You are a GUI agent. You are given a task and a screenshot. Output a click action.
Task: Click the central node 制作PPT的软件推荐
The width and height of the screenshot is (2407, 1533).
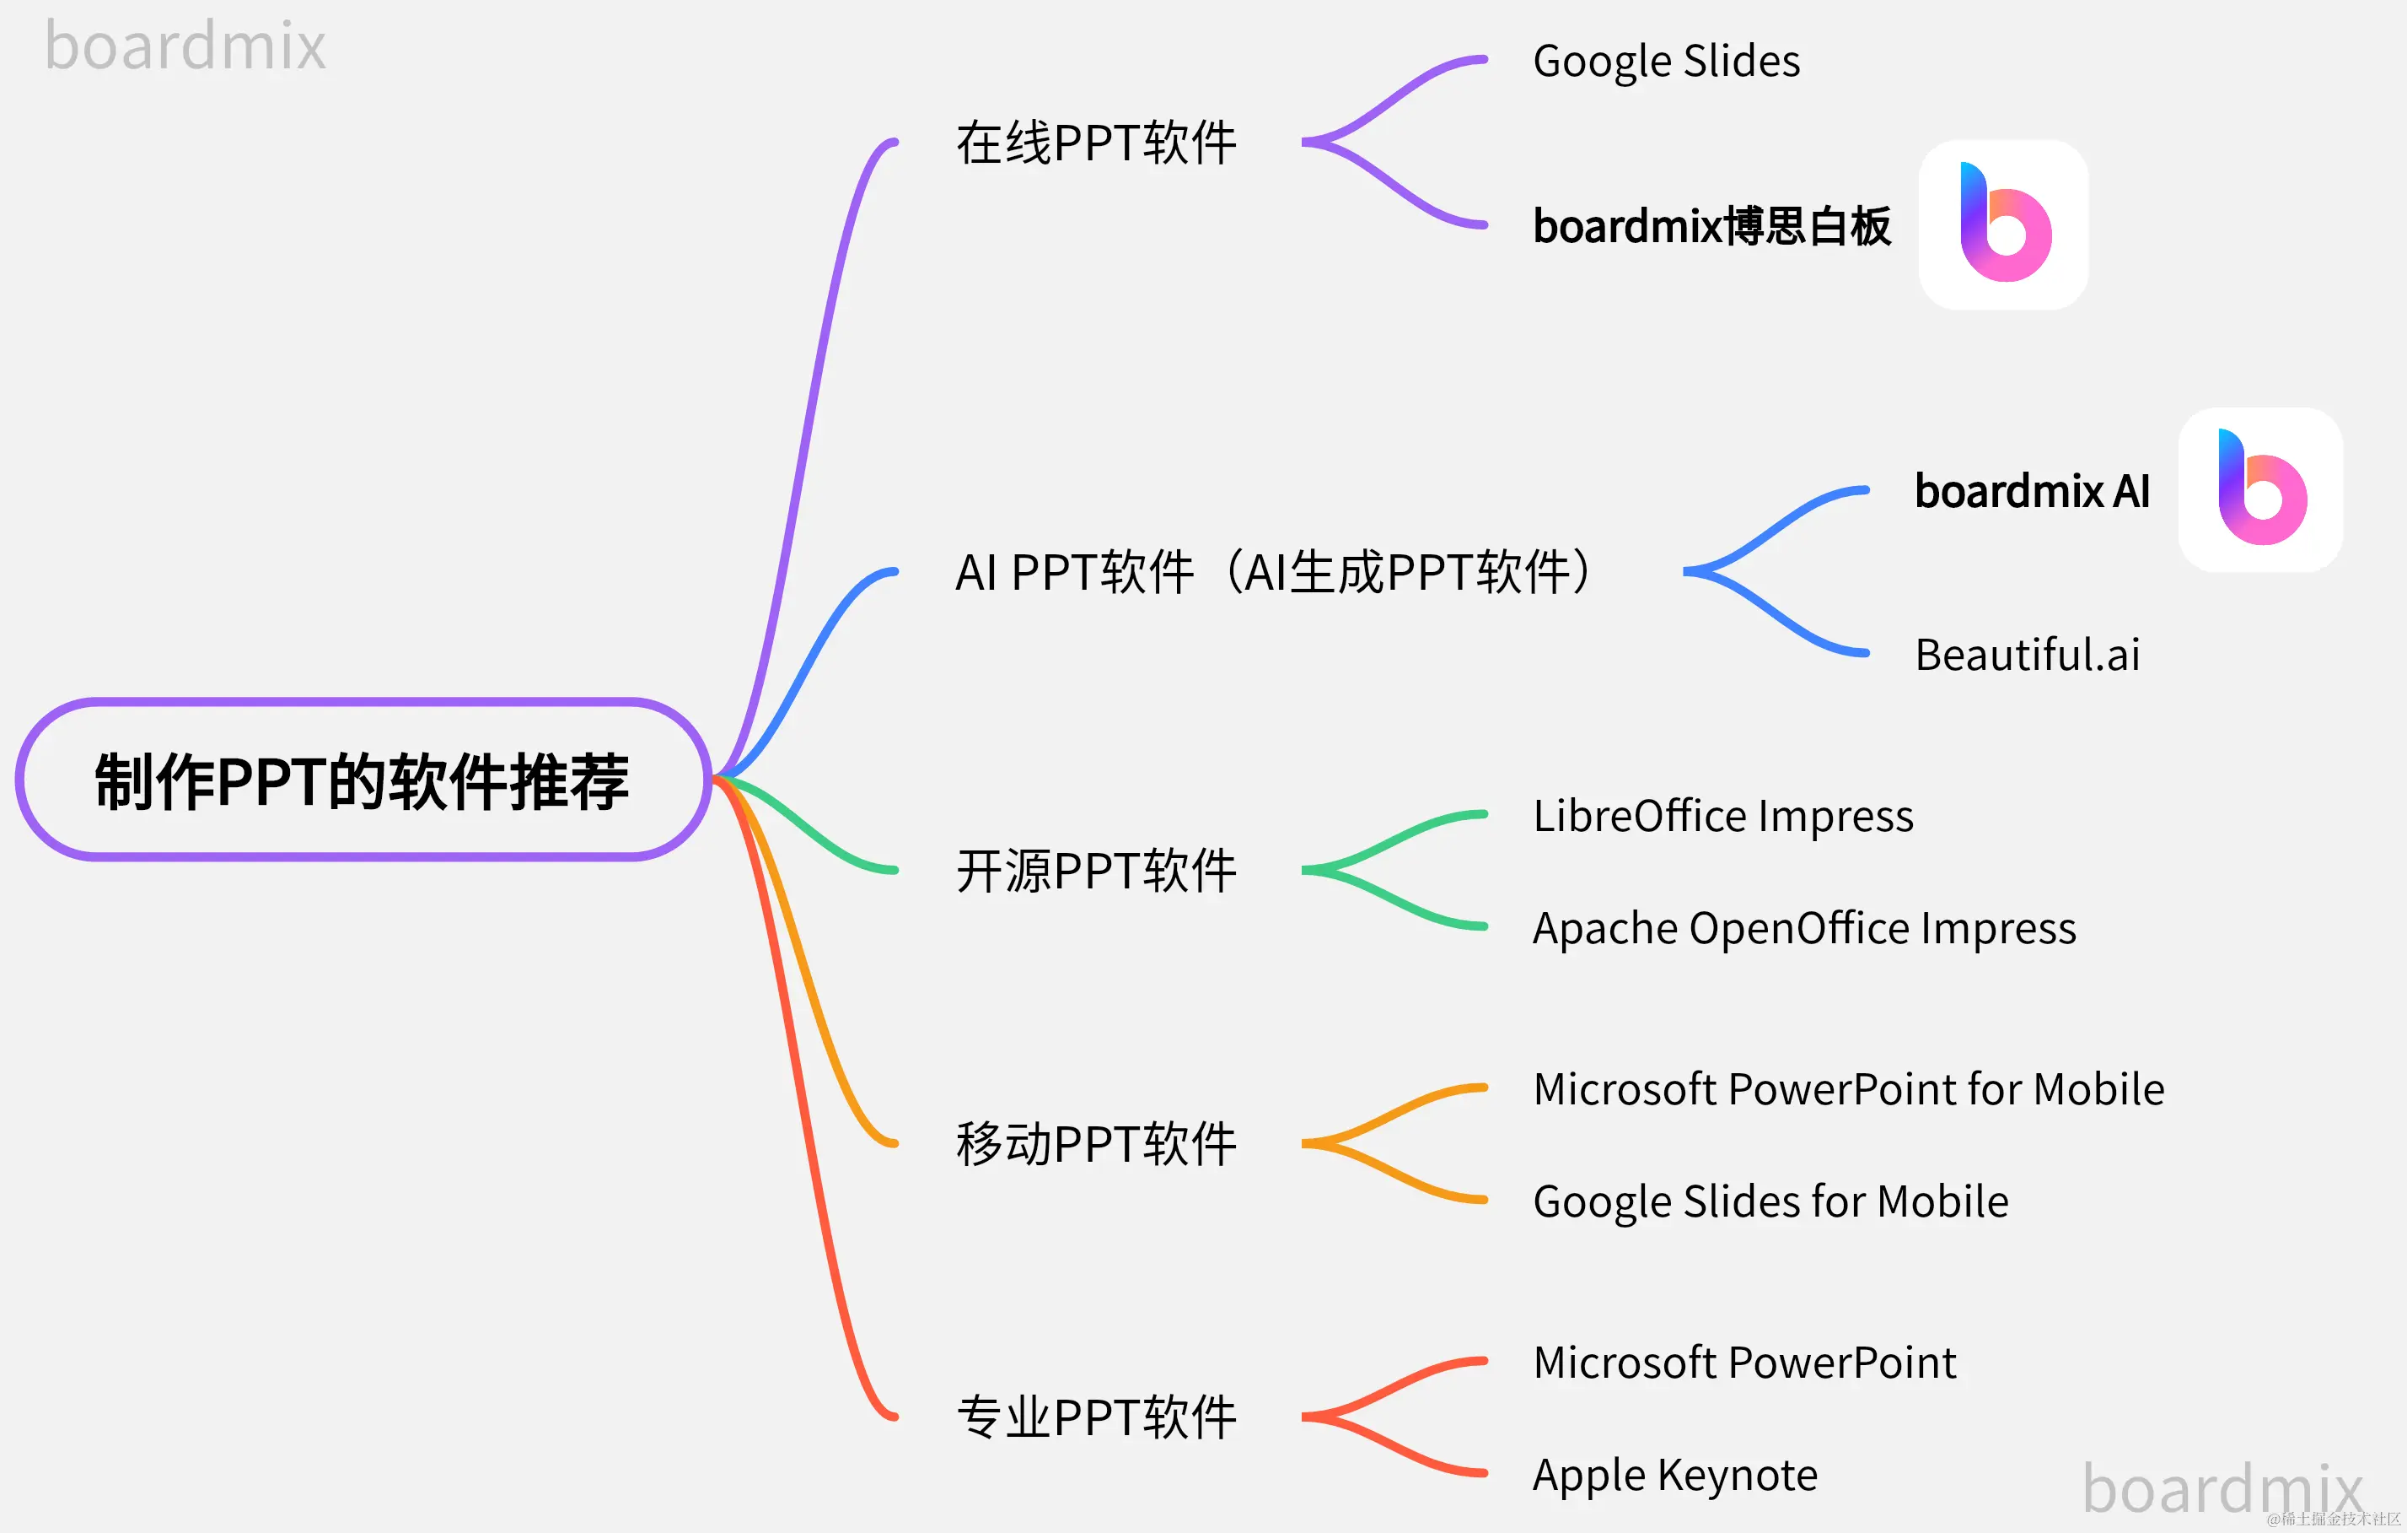coord(362,780)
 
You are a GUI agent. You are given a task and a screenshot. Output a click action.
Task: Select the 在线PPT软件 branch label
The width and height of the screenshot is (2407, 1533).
coord(1097,143)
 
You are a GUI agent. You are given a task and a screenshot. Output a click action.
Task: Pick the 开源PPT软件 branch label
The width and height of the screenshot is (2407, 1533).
coord(1097,870)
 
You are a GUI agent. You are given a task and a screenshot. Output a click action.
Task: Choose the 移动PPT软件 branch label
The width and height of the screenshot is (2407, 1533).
coord(1097,1143)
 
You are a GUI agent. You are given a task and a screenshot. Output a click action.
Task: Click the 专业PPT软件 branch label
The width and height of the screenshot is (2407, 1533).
coord(1097,1417)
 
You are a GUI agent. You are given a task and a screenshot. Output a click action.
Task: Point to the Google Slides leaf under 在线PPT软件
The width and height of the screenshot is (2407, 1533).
coord(1666,61)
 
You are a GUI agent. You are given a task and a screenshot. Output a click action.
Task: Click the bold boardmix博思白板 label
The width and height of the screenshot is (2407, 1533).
coord(1711,226)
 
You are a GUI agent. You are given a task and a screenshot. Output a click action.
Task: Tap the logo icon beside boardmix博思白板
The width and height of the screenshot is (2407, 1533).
coord(2003,225)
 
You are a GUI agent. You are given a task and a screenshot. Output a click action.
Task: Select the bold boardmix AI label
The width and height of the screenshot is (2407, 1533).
coord(2032,491)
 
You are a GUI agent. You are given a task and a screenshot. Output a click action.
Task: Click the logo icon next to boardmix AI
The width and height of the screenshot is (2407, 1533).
coord(2260,489)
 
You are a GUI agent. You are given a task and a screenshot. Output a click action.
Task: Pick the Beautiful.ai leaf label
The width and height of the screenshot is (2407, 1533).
coord(2027,655)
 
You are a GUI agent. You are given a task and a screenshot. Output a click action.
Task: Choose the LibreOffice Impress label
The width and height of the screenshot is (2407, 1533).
coord(1723,816)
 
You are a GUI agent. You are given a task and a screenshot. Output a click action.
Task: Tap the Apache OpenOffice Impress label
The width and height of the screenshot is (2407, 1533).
coord(1804,928)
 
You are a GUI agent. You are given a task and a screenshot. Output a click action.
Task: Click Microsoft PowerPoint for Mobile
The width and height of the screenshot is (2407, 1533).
coord(1848,1089)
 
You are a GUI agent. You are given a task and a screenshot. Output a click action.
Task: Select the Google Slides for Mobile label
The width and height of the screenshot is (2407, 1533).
coord(1770,1201)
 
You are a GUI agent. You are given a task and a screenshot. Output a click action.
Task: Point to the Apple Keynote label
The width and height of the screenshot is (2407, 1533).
coord(1675,1475)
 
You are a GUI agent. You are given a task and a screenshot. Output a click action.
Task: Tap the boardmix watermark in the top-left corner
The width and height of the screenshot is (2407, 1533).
coord(186,46)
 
